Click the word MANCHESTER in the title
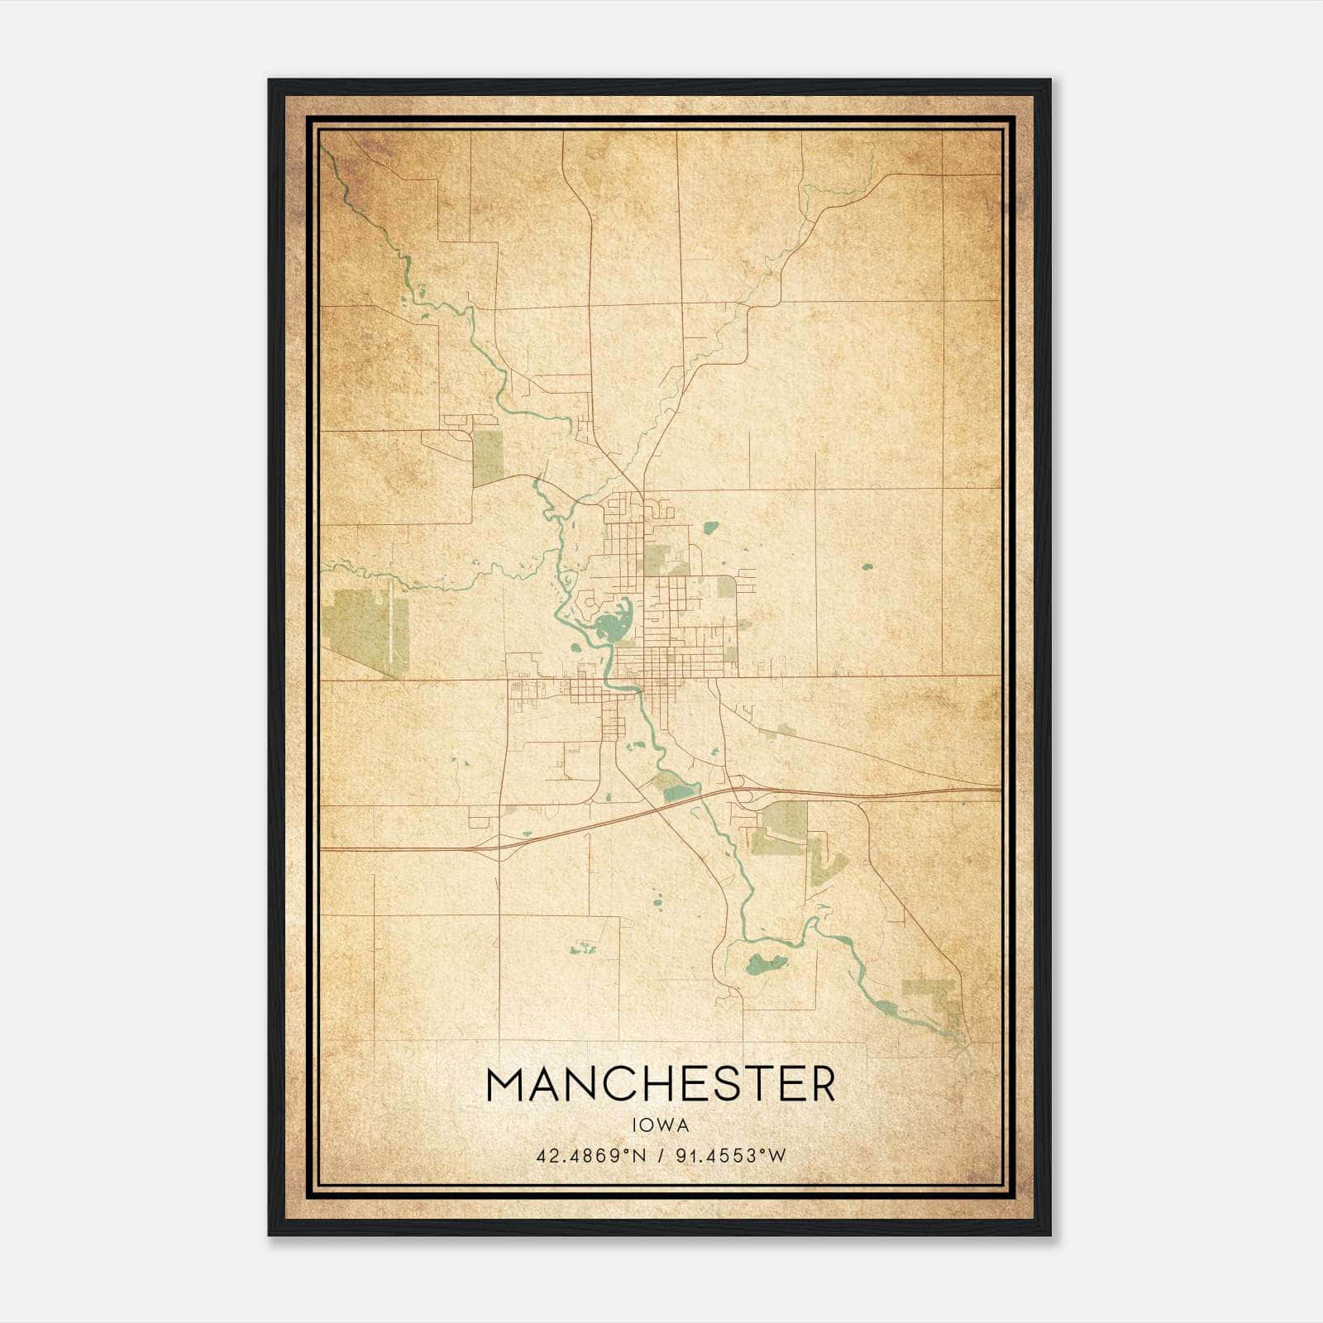click(x=661, y=1085)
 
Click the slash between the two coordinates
click(x=658, y=1155)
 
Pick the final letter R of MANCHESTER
click(x=821, y=1085)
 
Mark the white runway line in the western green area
click(x=389, y=624)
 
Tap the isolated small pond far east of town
click(x=867, y=567)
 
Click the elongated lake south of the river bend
click(x=766, y=962)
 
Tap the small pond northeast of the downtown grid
click(x=709, y=527)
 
